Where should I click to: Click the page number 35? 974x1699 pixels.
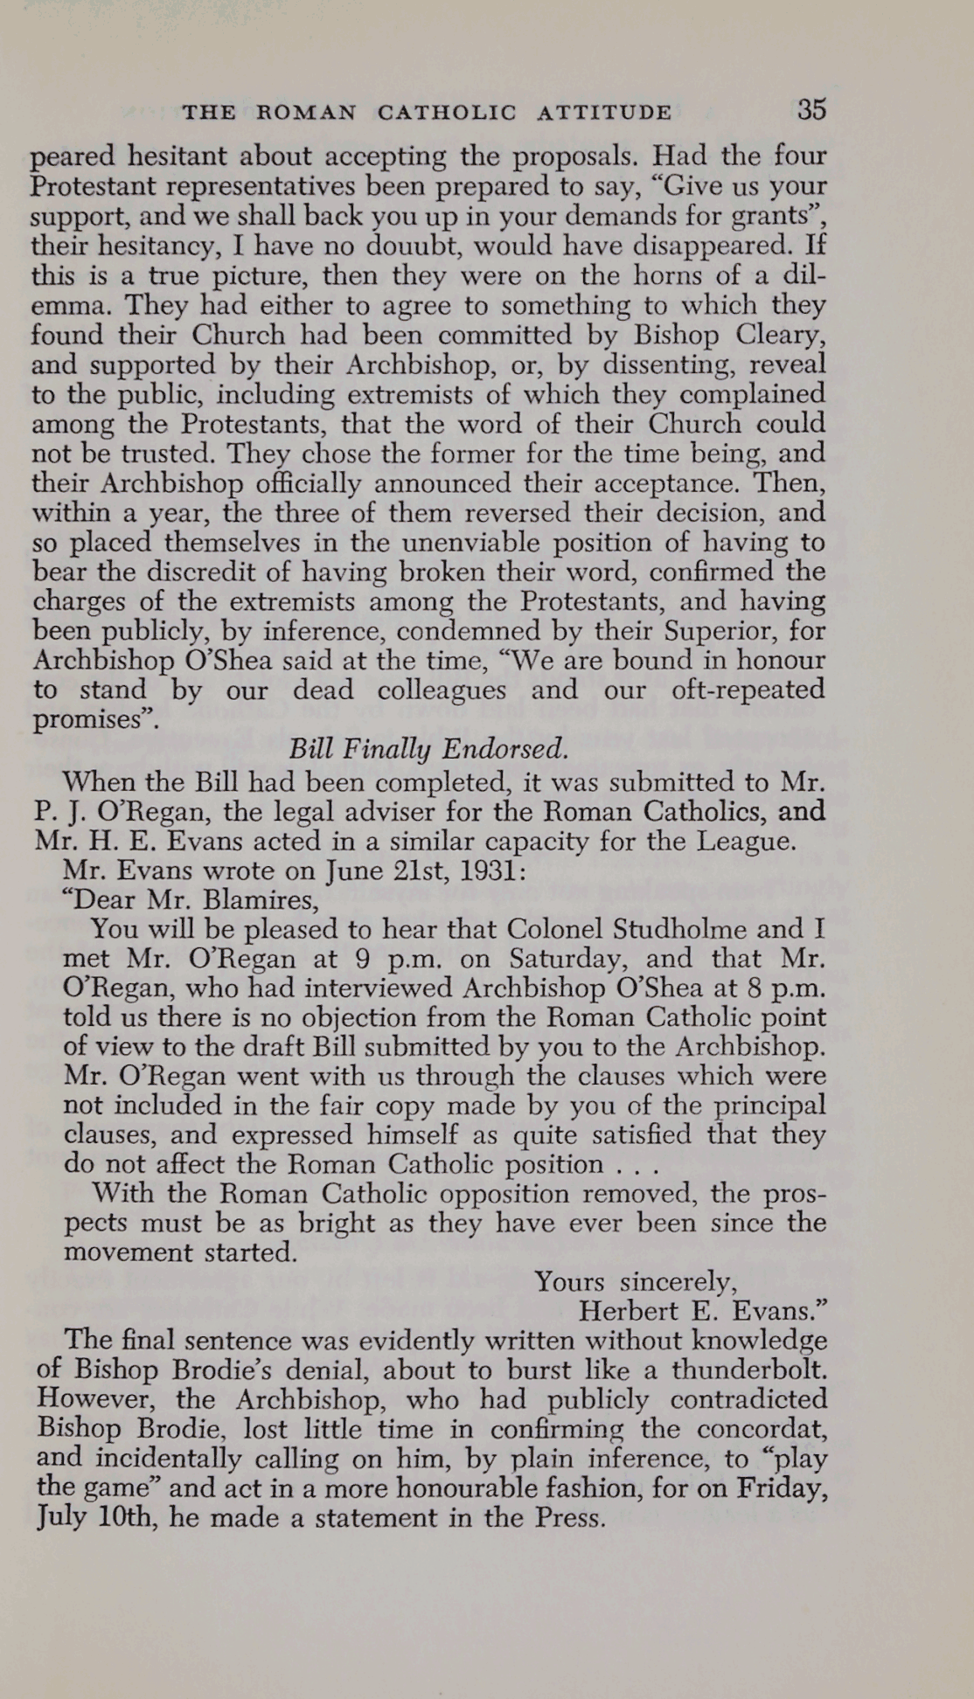tap(811, 110)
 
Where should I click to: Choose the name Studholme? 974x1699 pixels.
tap(679, 929)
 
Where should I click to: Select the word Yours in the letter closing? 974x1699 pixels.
tap(569, 1282)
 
